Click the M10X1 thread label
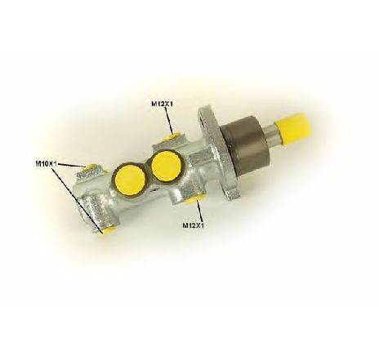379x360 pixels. coord(46,164)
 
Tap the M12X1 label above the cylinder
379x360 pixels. coord(163,104)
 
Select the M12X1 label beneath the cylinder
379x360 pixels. coord(193,225)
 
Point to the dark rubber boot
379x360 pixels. coord(245,145)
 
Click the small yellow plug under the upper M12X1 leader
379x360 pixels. coord(171,136)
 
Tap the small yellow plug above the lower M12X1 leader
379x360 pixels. coord(194,198)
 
